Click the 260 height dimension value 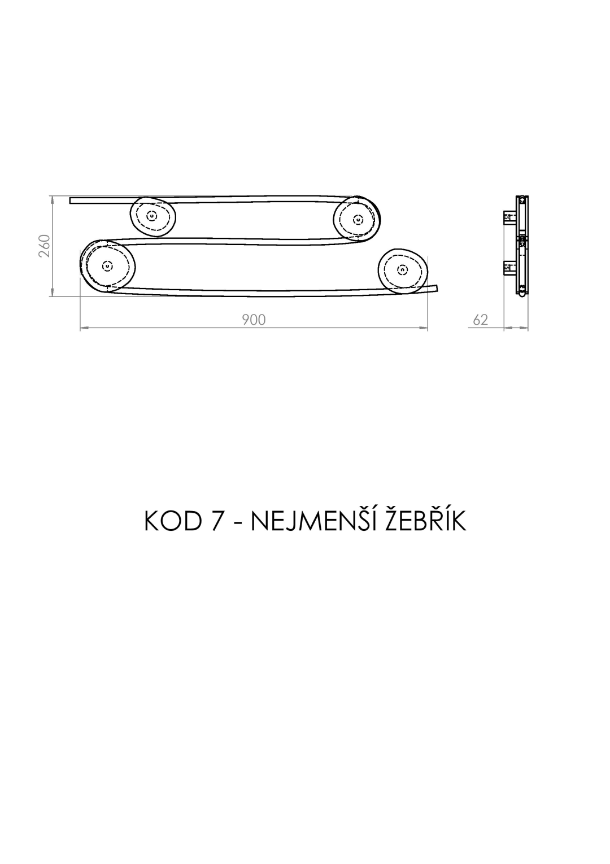tap(45, 246)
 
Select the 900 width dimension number tap(254, 320)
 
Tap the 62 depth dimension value tap(480, 320)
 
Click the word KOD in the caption tap(173, 521)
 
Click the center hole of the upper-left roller tap(152, 216)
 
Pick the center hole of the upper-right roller tap(359, 220)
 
